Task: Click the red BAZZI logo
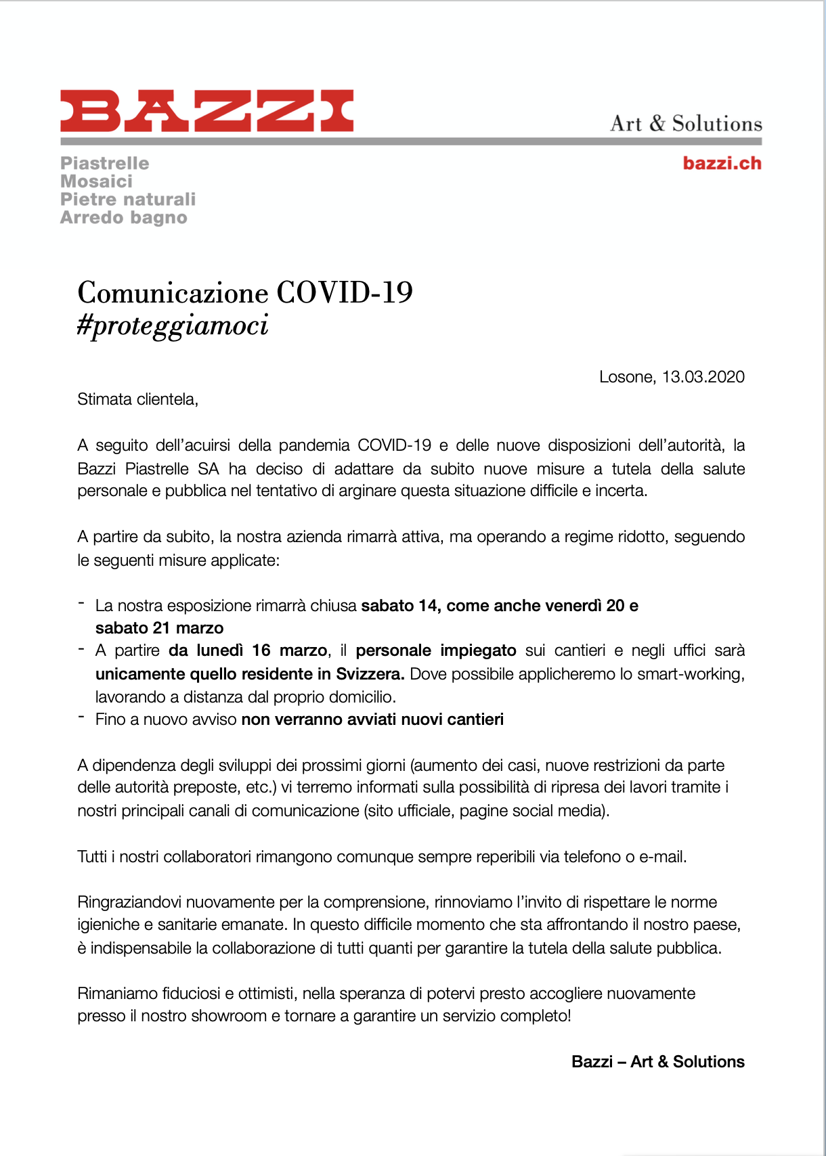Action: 207,110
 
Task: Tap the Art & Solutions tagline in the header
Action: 686,123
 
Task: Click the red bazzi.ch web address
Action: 722,163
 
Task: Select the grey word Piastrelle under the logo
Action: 105,163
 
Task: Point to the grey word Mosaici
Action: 97,181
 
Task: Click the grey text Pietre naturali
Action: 128,199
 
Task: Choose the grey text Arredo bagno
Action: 124,217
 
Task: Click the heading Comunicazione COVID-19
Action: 245,292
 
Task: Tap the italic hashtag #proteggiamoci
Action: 173,326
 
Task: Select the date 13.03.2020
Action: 703,377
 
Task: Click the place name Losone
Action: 626,377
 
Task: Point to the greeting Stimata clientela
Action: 137,399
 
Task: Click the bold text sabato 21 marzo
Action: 159,628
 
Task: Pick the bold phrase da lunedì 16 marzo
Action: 248,650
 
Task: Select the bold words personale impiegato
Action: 436,650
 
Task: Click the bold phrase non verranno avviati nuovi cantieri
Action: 372,719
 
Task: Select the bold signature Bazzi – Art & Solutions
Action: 658,1062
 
